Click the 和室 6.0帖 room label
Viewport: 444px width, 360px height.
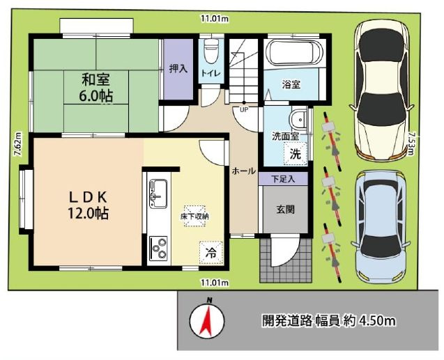point(96,87)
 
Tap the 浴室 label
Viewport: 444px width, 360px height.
point(291,85)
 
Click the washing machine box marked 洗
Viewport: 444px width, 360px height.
point(296,154)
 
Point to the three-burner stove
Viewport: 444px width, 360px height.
point(158,247)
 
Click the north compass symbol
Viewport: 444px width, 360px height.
point(206,319)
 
